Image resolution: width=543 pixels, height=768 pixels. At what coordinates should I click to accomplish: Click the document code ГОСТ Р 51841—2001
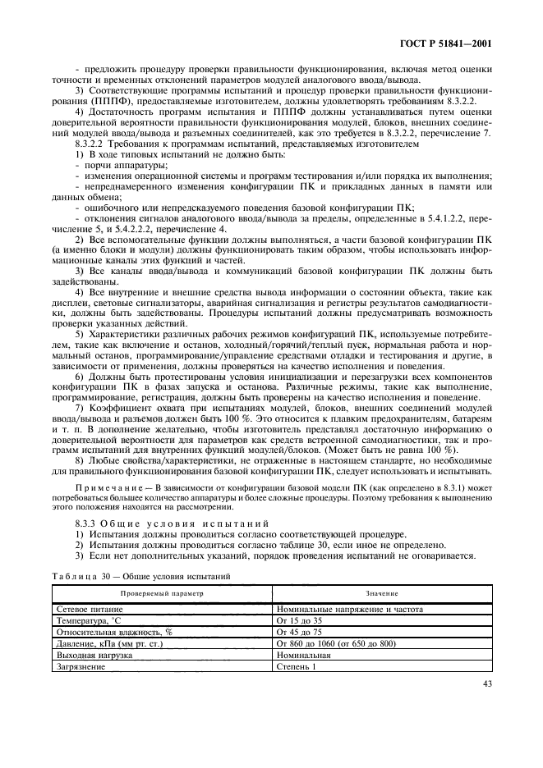pos(444,43)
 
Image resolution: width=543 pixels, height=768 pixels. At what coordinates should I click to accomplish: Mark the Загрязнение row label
pos(80,667)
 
